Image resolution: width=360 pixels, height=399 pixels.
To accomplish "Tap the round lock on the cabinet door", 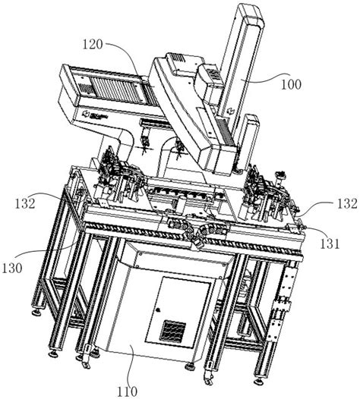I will [x=156, y=310].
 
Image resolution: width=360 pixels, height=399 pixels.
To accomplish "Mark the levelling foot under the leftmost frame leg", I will [x=35, y=311].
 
